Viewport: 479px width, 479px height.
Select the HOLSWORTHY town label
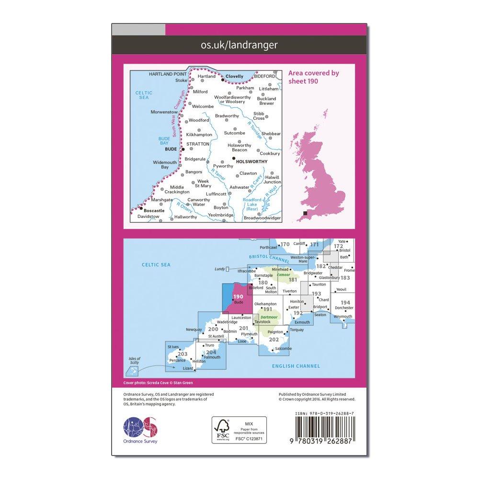click(252, 162)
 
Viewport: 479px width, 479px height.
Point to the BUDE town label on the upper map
click(171, 149)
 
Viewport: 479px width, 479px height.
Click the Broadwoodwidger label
click(262, 217)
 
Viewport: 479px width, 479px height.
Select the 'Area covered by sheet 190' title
click(313, 77)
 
